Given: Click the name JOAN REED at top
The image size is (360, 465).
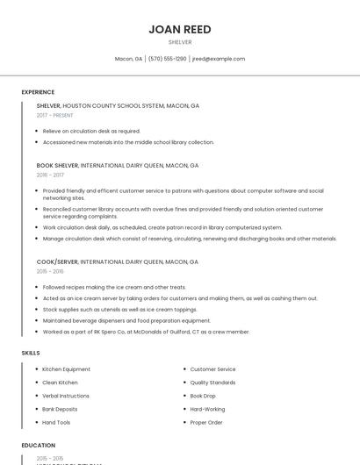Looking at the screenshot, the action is click(180, 29).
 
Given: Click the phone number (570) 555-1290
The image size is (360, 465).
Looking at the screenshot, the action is click(167, 59).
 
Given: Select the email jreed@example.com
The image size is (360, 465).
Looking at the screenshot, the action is click(218, 59).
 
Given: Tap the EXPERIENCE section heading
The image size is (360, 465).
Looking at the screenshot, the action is click(38, 92).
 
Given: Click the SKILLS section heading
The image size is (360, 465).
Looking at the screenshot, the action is click(31, 353).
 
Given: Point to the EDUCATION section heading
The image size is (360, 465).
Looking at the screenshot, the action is click(39, 445).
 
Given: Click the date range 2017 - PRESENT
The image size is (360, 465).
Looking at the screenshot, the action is click(56, 115).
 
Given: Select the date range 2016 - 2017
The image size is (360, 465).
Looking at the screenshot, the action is click(51, 175).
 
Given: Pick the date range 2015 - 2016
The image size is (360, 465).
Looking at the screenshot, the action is click(51, 271).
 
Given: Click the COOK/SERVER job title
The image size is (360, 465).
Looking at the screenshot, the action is click(57, 261).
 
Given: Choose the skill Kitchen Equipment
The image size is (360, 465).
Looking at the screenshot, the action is click(67, 369).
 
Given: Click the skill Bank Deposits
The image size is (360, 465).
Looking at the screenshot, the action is click(60, 409).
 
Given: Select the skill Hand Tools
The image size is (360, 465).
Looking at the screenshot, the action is click(57, 422).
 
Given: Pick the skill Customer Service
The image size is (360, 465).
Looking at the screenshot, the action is click(212, 369).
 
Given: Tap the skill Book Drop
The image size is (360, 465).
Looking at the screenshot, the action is click(203, 396).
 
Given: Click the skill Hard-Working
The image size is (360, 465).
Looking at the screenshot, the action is click(207, 409).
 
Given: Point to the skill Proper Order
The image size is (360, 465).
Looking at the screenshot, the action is click(206, 422).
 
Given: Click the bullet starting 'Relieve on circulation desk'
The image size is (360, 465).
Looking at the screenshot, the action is click(91, 131).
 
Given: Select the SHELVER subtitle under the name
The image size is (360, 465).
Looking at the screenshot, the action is click(180, 41).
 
